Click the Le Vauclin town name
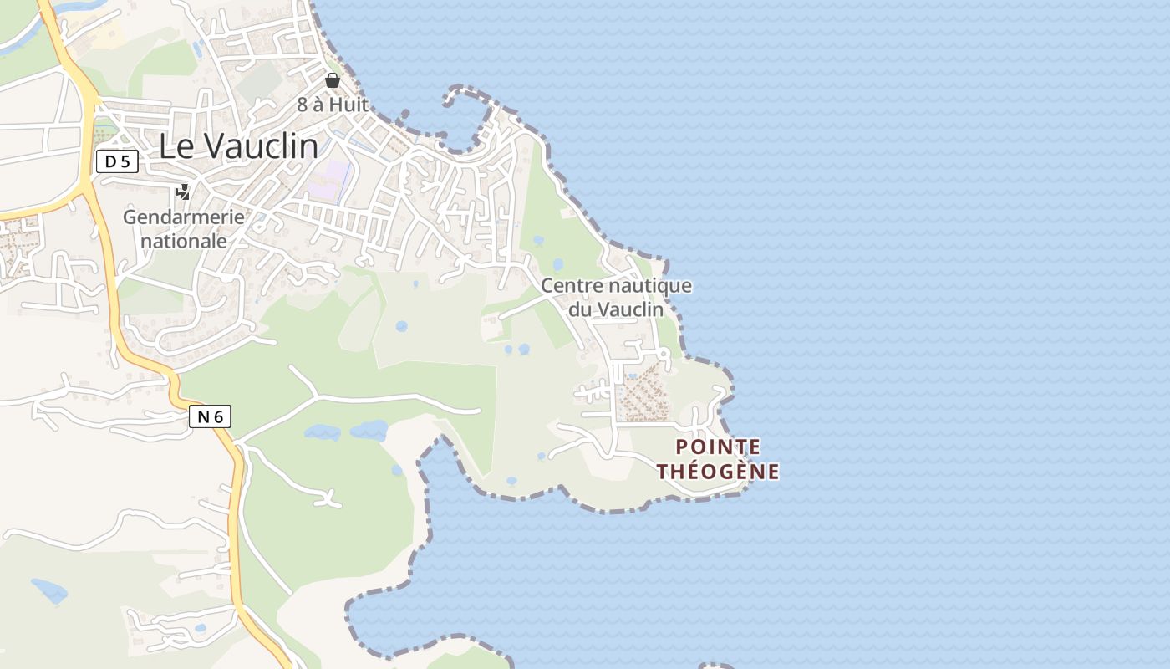[x=238, y=146]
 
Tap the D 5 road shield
[x=117, y=161]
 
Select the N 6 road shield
[x=209, y=416]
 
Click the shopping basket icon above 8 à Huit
[x=333, y=80]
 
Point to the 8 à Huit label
[x=333, y=105]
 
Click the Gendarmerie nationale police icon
[x=182, y=192]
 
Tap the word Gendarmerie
[x=184, y=217]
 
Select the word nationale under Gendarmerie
[x=184, y=241]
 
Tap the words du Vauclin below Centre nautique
[x=616, y=309]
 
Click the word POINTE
[x=718, y=447]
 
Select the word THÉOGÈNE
[x=718, y=472]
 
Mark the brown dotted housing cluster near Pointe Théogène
[x=643, y=393]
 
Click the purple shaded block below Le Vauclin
[x=328, y=180]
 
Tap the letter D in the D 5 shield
[x=110, y=161]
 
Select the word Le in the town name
[x=176, y=146]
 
